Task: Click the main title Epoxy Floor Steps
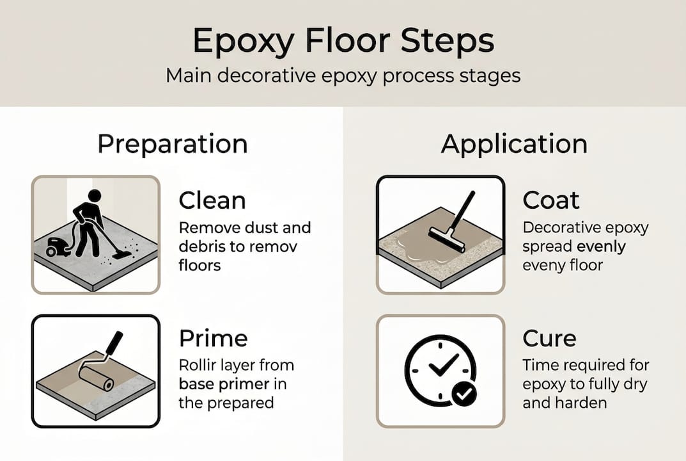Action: click(343, 42)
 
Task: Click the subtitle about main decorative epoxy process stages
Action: click(343, 76)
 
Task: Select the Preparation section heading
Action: click(172, 144)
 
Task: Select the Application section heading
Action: click(514, 144)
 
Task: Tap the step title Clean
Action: click(212, 200)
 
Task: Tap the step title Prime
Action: click(213, 338)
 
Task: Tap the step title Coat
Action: click(551, 200)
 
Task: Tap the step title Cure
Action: click(549, 338)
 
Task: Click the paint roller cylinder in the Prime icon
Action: click(97, 378)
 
